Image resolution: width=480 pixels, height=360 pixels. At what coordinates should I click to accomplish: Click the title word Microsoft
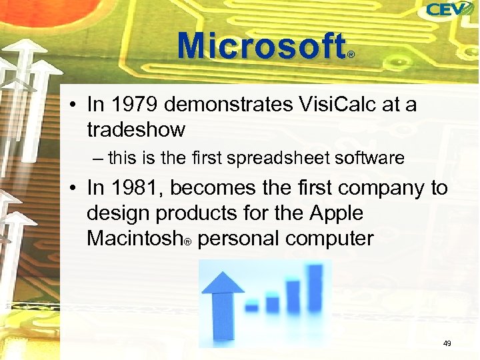click(261, 46)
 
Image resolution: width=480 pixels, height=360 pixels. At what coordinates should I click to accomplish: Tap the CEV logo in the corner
click(449, 9)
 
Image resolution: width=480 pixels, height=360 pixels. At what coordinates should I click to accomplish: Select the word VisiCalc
click(331, 105)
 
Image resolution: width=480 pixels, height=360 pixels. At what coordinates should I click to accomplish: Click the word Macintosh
click(134, 238)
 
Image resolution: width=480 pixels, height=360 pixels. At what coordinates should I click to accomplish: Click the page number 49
click(447, 343)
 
